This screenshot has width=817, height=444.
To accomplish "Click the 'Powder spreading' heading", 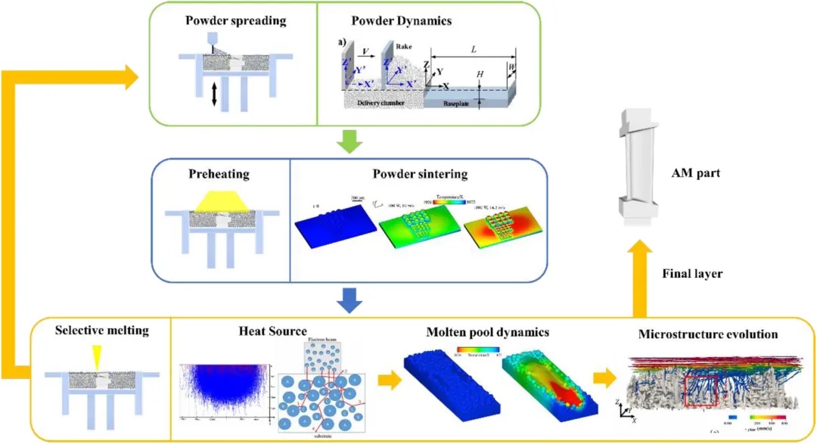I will [236, 20].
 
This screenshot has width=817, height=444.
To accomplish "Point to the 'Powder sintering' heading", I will [420, 174].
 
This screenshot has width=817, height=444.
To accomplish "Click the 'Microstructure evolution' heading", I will [708, 333].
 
